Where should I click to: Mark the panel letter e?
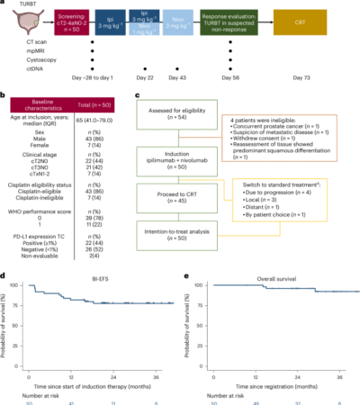click(x=185, y=277)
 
